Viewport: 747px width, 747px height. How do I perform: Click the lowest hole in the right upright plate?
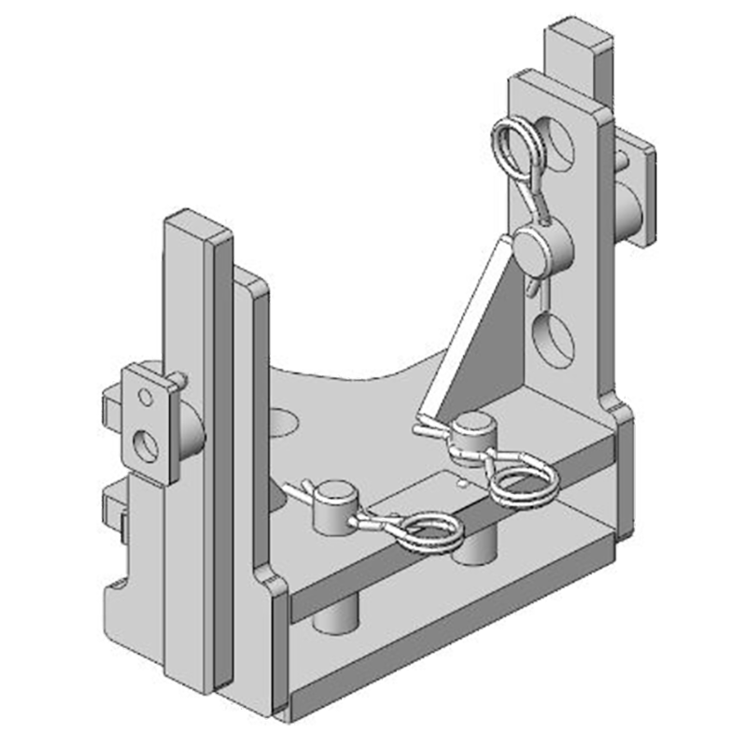pyautogui.click(x=552, y=341)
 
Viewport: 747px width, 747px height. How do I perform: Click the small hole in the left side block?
pyautogui.click(x=146, y=398)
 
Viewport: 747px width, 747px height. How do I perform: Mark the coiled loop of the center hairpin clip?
pyautogui.click(x=523, y=480)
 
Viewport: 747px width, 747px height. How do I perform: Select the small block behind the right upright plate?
pyautogui.click(x=636, y=187)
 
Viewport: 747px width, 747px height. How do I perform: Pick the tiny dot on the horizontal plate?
pyautogui.click(x=462, y=485)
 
